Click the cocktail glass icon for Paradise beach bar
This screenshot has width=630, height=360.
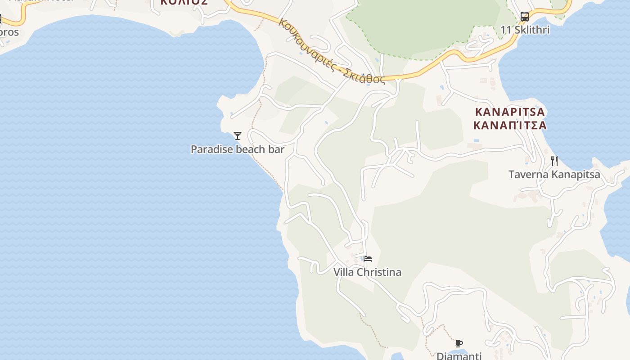(238, 135)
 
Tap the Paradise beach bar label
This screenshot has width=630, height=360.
(238, 149)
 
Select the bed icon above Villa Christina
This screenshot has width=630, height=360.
(368, 259)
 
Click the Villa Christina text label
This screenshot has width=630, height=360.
(367, 272)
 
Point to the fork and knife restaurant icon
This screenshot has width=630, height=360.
(554, 161)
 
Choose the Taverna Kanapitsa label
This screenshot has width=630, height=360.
(554, 174)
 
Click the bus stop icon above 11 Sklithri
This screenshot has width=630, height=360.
(525, 17)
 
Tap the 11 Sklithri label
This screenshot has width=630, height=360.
(525, 30)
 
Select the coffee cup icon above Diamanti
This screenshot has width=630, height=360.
(459, 344)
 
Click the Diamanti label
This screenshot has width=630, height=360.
(459, 356)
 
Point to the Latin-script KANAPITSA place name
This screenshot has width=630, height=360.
(510, 112)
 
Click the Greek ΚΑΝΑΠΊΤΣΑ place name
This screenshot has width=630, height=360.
(510, 125)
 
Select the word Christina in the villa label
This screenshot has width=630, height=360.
(380, 272)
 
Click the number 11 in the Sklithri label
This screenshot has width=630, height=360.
(506, 30)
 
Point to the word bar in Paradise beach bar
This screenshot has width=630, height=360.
(276, 149)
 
